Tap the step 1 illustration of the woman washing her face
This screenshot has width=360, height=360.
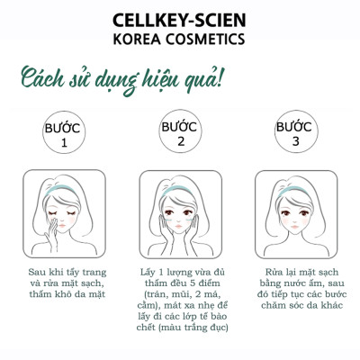[x=63, y=215]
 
